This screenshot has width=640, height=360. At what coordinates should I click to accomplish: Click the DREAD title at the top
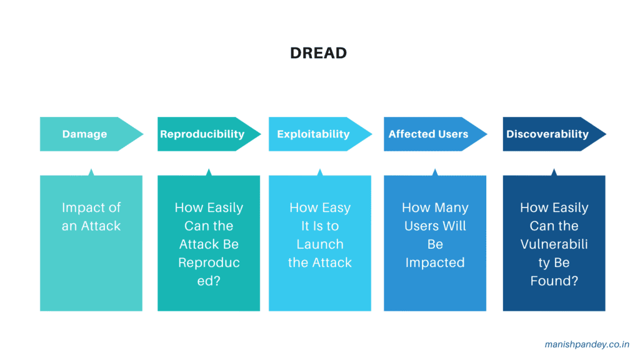click(318, 53)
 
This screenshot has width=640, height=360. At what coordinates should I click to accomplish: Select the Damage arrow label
click(84, 134)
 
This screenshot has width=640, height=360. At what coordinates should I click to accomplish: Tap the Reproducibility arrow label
click(202, 134)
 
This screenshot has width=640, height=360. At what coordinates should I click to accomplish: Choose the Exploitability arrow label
click(313, 134)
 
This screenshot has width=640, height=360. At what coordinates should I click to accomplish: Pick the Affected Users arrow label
click(428, 134)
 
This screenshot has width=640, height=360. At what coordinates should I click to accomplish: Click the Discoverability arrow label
click(547, 134)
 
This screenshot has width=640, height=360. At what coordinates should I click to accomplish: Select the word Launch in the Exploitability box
click(320, 244)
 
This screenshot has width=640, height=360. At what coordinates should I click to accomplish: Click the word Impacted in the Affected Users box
click(435, 262)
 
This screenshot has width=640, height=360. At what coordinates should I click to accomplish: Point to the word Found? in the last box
click(554, 281)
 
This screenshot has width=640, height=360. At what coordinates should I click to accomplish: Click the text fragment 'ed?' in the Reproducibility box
click(209, 281)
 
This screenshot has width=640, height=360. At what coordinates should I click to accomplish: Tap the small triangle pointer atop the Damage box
click(91, 172)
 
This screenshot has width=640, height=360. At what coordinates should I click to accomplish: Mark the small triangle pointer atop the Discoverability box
click(554, 172)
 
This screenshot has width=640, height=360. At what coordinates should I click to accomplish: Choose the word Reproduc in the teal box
click(209, 262)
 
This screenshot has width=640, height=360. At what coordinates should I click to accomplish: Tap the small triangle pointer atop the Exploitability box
click(320, 172)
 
